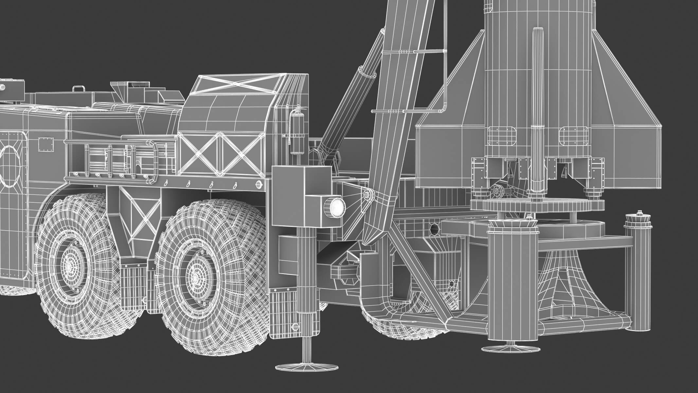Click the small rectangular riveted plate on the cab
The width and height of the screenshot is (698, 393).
(x=46, y=144)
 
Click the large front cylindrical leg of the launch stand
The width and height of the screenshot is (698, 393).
(x=512, y=288)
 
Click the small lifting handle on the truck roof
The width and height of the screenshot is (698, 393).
(x=78, y=89)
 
